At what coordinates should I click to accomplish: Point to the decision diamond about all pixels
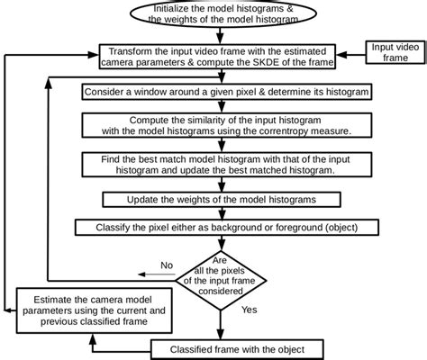(222, 274)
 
